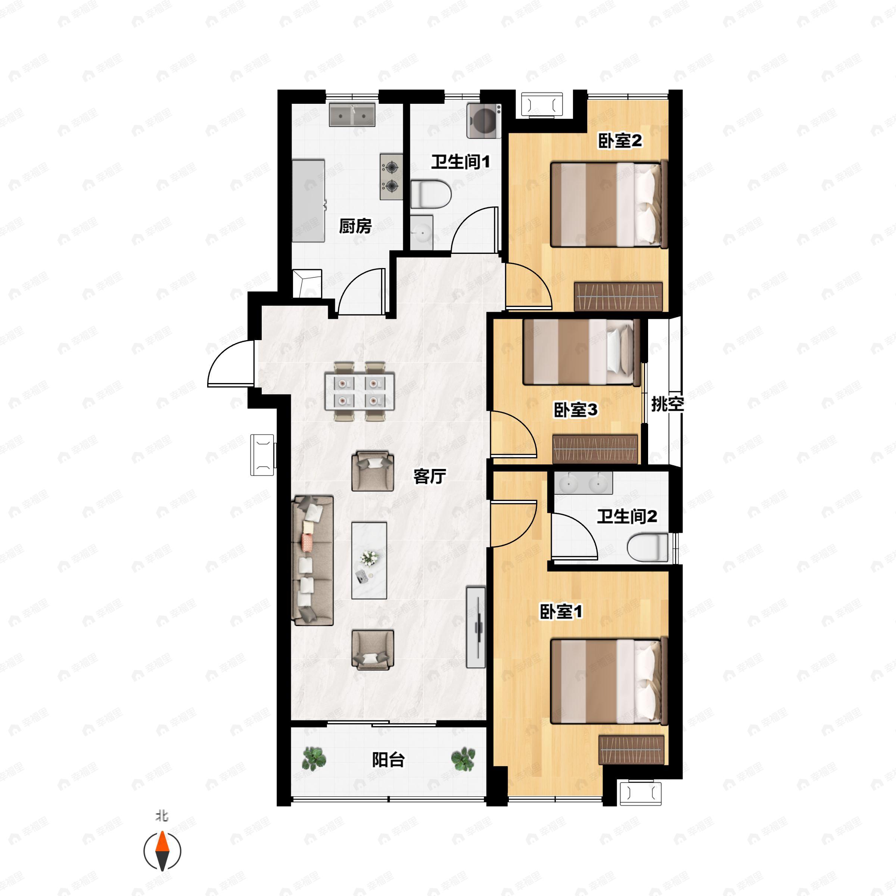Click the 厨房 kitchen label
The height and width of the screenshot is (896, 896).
(355, 226)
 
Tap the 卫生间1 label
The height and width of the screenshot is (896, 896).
(461, 162)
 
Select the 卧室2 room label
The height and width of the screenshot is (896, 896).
(620, 141)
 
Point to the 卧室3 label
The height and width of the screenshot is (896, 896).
(576, 410)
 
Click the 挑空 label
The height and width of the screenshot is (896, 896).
(668, 404)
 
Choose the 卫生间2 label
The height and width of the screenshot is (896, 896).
(627, 516)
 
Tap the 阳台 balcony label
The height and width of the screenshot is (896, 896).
(388, 760)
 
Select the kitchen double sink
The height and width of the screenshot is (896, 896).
(352, 115)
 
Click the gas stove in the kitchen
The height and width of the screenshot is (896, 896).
(391, 177)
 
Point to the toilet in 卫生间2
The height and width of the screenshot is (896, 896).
(648, 547)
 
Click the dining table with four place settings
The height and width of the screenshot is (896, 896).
(360, 392)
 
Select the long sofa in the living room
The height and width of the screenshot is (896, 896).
(312, 560)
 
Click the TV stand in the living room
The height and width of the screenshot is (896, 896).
(476, 628)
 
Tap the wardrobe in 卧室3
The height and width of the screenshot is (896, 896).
(595, 449)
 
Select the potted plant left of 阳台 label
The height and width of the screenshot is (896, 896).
(314, 759)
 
